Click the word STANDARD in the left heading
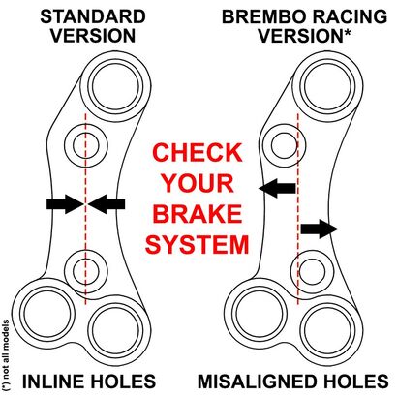point(93,16)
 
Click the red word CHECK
point(198,152)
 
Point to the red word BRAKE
point(198,214)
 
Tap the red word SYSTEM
point(198,244)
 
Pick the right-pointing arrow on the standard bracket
point(65,204)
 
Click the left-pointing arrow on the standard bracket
point(107,204)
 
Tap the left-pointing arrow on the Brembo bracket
point(277,188)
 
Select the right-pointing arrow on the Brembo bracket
point(320,229)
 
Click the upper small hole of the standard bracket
point(85,145)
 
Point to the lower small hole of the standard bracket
point(85,271)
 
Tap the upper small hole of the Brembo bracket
point(285,145)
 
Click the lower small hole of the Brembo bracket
point(312,271)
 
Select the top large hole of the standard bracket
point(115,86)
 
